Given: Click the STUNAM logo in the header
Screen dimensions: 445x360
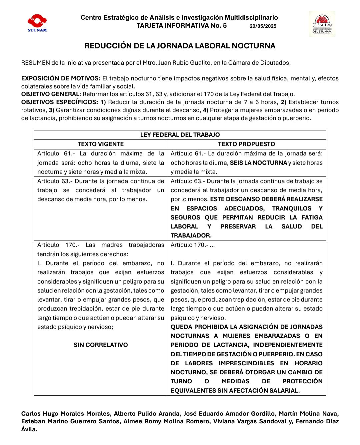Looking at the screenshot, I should point(37,23).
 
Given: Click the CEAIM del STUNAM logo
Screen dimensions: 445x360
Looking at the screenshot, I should point(322,24).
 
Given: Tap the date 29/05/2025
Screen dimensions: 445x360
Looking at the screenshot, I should point(263,26).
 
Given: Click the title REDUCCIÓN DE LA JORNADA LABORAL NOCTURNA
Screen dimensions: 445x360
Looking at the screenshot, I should point(180,46).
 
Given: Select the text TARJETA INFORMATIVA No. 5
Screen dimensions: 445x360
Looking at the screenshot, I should point(182,26).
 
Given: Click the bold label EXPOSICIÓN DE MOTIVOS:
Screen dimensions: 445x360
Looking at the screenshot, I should point(61,79).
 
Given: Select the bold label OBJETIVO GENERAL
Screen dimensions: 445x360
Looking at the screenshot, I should point(50,94).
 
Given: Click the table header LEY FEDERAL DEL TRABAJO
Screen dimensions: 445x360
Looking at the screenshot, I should point(180,135).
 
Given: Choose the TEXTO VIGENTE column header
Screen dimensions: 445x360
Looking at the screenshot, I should point(101,144).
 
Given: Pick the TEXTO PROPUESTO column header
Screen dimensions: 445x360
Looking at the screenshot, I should point(247,144).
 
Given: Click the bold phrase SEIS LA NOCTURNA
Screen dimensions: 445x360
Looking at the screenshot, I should point(259,163).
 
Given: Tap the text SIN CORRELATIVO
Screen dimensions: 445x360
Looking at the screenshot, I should point(101,345).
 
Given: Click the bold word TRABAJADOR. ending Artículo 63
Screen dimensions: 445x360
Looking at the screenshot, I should point(191,236).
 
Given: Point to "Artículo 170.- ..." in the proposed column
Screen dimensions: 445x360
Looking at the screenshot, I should point(193,245).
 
